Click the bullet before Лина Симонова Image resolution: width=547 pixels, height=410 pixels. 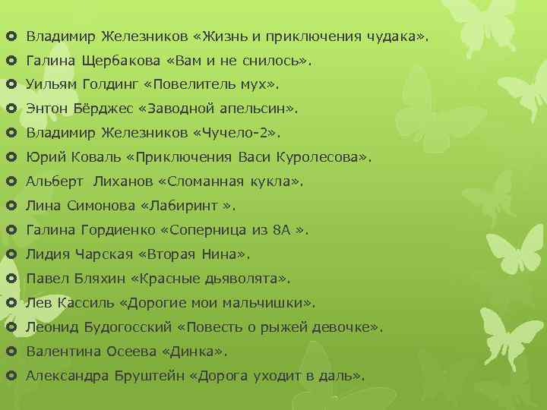click(11, 206)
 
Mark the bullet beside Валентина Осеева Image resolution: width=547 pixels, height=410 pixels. click(11, 352)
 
